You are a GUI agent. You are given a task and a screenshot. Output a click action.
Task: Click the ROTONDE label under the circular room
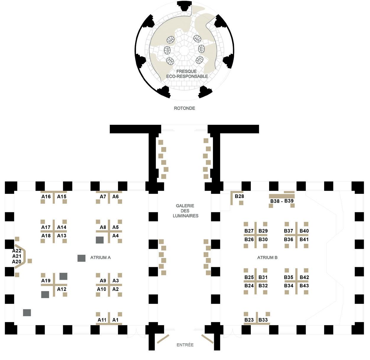(x=184, y=108)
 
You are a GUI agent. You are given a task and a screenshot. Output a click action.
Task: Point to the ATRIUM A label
(x=101, y=258)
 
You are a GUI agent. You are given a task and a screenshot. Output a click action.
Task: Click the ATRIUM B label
(x=267, y=258)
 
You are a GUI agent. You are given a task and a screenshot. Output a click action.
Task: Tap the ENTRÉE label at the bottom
(x=185, y=345)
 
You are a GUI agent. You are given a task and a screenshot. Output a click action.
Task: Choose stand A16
(x=46, y=197)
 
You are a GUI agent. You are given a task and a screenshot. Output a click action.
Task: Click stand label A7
(x=103, y=197)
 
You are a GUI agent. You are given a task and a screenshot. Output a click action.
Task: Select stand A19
(x=46, y=281)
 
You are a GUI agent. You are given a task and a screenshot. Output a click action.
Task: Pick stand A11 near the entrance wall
(x=102, y=320)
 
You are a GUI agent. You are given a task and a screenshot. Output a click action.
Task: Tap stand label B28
(x=239, y=196)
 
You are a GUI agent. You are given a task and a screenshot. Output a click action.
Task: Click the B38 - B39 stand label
(x=282, y=201)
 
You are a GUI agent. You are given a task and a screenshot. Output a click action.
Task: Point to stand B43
(x=304, y=286)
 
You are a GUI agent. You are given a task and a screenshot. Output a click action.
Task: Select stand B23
(x=249, y=320)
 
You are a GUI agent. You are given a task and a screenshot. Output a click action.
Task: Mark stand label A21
(x=17, y=256)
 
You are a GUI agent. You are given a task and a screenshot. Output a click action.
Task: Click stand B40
(x=304, y=231)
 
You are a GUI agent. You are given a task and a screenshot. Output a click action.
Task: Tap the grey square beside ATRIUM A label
(x=81, y=258)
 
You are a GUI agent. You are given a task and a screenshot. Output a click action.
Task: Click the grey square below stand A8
(x=100, y=240)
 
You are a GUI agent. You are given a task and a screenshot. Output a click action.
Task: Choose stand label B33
(x=263, y=320)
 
